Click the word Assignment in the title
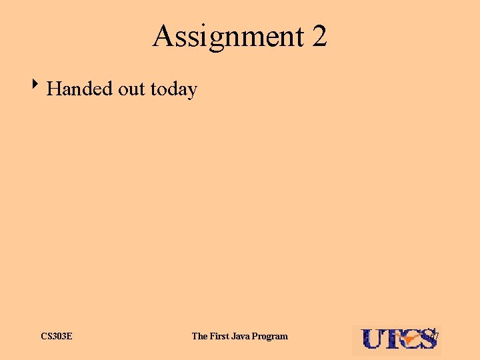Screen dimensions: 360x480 pos(227,37)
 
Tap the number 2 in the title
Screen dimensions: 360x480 pos(319,37)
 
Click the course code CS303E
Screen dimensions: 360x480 pos(57,336)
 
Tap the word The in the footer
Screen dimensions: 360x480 pos(200,336)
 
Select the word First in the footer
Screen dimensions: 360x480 pos(221,336)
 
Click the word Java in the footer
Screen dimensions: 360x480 pos(244,336)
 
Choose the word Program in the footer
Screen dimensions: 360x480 pos(272,336)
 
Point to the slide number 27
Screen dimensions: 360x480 pos(434,334)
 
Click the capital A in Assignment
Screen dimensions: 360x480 pos(163,37)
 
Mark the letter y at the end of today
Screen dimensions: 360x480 pos(193,91)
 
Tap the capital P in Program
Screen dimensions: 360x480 pos(259,336)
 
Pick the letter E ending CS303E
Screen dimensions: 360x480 pos(69,336)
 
